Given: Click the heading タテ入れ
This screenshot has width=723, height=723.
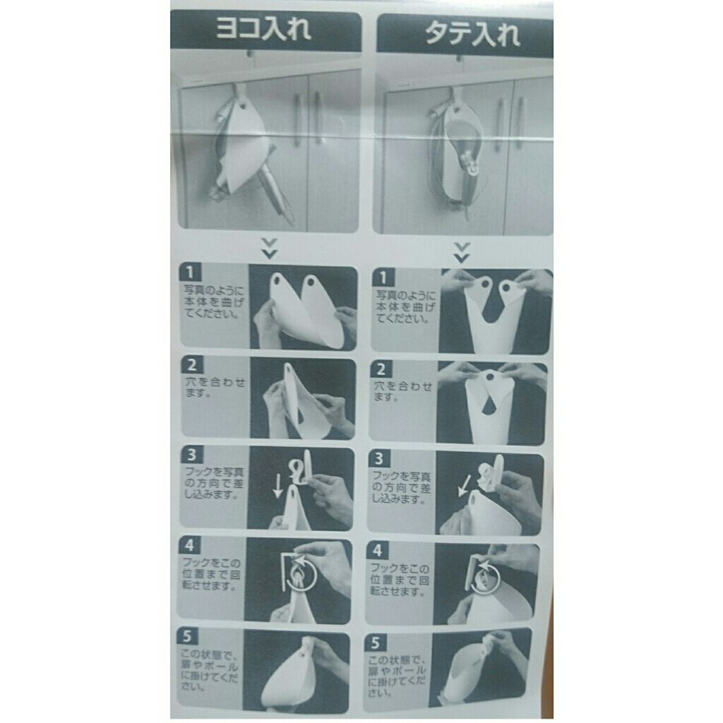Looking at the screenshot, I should click(465, 34).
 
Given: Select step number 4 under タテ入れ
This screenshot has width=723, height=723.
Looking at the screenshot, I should click(378, 550).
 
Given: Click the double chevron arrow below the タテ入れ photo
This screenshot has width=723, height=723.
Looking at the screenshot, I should click(461, 252).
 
